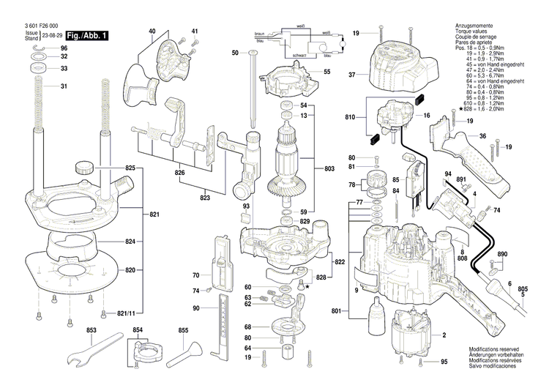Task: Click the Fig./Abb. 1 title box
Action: [x=87, y=35]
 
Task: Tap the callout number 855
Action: [x=183, y=331]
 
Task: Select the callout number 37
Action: [x=351, y=75]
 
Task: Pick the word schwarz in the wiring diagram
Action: [x=299, y=56]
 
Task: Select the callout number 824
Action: [x=130, y=242]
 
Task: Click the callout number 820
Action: [x=130, y=271]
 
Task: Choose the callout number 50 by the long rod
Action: [x=235, y=53]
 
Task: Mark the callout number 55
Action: [x=326, y=72]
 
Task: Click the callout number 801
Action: [x=336, y=313]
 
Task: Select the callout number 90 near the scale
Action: [x=196, y=307]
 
